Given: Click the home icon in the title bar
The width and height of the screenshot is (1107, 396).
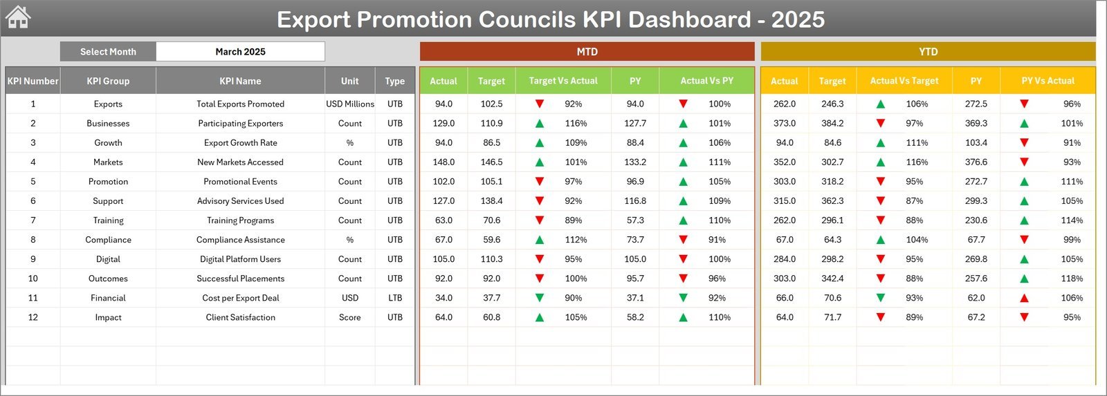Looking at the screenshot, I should tap(18, 17).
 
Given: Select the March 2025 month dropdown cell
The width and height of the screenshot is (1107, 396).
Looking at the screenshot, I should tap(240, 52).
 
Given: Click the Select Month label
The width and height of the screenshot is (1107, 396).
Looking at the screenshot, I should tap(108, 52).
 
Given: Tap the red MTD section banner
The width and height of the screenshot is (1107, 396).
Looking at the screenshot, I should tap(587, 52).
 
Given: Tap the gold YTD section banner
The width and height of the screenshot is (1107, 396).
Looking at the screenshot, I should tap(928, 52).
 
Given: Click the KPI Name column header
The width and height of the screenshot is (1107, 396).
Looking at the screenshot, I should tap(240, 81).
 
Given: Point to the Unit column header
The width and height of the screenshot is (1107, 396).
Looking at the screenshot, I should tap(349, 81).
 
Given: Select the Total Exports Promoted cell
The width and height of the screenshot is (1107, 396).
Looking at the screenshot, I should tap(240, 104).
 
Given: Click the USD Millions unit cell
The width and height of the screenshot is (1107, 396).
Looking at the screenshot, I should tap(350, 104).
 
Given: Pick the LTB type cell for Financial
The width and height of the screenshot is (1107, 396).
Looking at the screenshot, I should tap(395, 298).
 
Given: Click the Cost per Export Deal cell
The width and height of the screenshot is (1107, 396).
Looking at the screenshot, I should tap(240, 298).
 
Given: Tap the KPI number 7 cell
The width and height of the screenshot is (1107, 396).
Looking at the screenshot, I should tap(33, 220).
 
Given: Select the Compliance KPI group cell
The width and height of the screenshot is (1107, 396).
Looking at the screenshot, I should tap(108, 240).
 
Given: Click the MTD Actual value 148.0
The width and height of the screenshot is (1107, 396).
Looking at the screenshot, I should tap(443, 162).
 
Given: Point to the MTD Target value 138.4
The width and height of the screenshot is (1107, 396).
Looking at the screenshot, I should tap(491, 201).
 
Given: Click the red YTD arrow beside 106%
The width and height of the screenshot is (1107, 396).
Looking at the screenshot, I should tap(1024, 298).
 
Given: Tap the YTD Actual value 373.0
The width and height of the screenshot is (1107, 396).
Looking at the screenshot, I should tap(785, 124).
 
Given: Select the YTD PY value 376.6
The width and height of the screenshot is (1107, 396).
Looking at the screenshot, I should tap(976, 162).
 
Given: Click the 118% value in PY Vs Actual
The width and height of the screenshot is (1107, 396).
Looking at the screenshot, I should tap(1072, 279).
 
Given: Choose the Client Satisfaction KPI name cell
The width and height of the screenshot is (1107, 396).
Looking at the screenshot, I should tap(240, 317).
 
